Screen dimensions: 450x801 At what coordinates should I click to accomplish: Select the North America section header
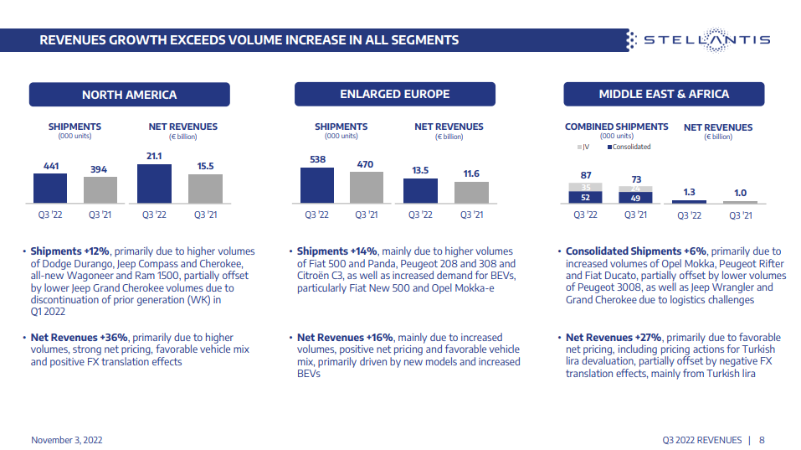[129, 94]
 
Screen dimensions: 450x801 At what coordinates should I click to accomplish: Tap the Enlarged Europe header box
[394, 94]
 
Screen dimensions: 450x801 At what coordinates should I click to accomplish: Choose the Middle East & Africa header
[663, 94]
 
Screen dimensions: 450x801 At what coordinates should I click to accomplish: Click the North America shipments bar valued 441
[50, 188]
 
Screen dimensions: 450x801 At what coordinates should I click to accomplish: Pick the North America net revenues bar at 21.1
[154, 184]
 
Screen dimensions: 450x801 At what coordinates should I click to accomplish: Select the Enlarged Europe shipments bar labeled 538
[317, 185]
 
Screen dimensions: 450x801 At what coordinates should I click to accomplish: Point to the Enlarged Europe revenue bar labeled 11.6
[471, 192]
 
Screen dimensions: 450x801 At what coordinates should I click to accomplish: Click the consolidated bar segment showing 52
[585, 197]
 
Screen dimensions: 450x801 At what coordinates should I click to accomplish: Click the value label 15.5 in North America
[206, 166]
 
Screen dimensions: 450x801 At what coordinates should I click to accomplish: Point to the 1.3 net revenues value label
[689, 192]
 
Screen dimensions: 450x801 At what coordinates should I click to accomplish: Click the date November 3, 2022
[67, 440]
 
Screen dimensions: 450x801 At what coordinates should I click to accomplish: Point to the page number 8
[762, 440]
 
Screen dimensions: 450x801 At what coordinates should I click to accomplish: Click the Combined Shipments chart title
[616, 127]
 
